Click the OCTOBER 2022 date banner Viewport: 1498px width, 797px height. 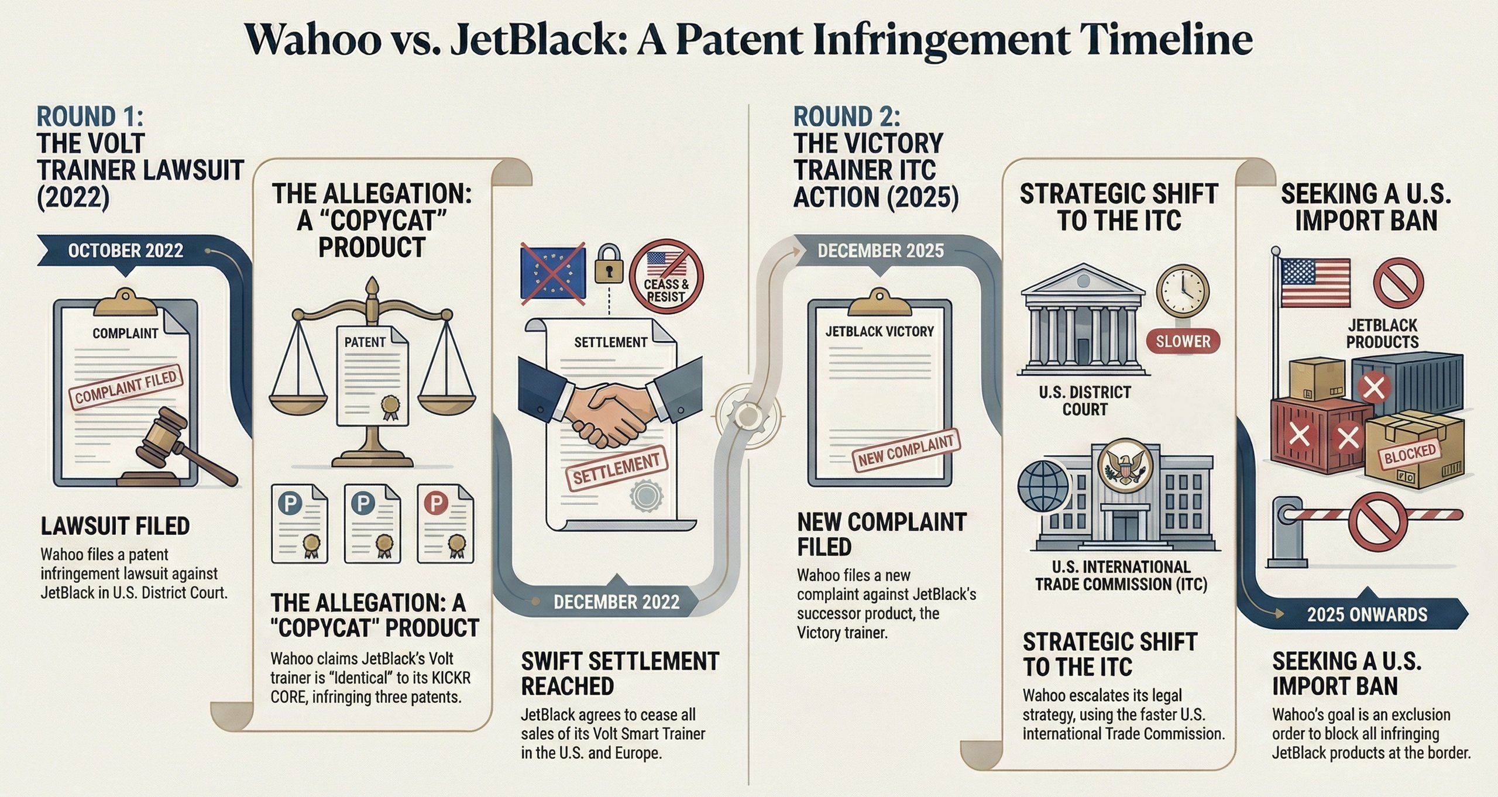(x=125, y=251)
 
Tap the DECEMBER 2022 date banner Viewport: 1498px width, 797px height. (x=616, y=602)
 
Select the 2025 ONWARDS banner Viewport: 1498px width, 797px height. (x=1367, y=614)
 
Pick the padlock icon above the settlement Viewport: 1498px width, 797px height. (x=609, y=264)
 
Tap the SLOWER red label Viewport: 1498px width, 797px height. (x=1183, y=341)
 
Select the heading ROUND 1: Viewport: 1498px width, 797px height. (x=90, y=116)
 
